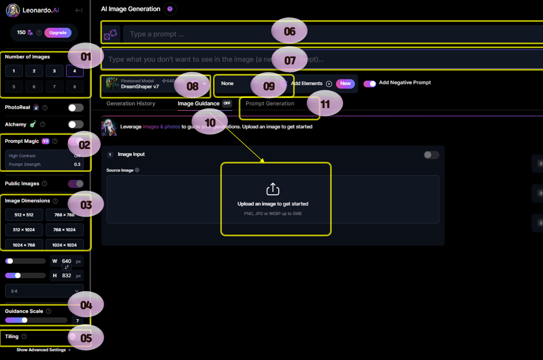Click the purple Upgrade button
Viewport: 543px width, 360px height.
click(x=58, y=32)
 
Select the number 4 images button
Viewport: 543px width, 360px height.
click(x=75, y=71)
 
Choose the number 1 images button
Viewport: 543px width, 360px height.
click(x=14, y=71)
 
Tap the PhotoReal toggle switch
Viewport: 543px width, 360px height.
click(x=76, y=107)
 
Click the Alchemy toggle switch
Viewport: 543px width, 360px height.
click(x=76, y=124)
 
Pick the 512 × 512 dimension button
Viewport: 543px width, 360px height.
click(x=25, y=215)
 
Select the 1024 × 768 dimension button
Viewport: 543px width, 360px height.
click(x=25, y=245)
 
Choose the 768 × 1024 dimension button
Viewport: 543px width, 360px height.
click(x=64, y=230)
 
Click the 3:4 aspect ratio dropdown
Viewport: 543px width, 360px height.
click(x=44, y=291)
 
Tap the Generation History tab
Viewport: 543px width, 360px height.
click(x=131, y=104)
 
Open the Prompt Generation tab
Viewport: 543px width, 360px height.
click(x=270, y=104)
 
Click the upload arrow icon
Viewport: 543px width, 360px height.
click(x=273, y=189)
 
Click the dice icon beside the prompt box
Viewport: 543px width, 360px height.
click(x=110, y=34)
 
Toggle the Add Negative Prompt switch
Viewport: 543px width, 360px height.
click(x=370, y=83)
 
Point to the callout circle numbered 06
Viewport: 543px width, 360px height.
click(x=289, y=31)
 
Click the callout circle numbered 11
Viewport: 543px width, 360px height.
click(x=325, y=103)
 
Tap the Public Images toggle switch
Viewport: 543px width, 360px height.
click(x=76, y=184)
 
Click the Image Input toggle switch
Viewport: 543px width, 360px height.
click(x=431, y=155)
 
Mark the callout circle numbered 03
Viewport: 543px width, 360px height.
click(x=86, y=205)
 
